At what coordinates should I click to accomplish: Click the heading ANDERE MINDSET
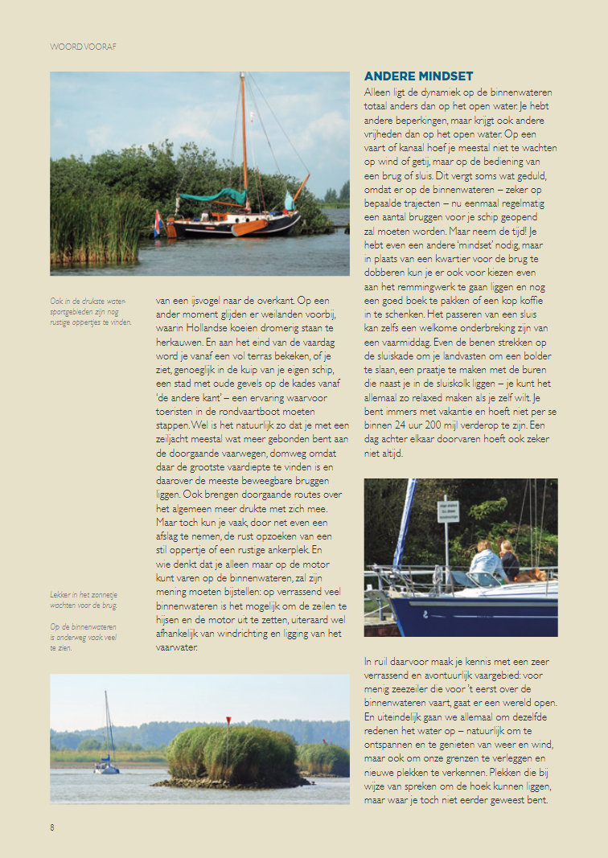(418, 76)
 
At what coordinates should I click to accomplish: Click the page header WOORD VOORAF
(83, 47)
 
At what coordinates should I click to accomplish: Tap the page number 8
(52, 826)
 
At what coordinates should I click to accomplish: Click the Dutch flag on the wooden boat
(157, 222)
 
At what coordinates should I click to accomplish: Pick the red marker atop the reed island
(228, 719)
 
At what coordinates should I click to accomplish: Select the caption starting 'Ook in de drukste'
(91, 312)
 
